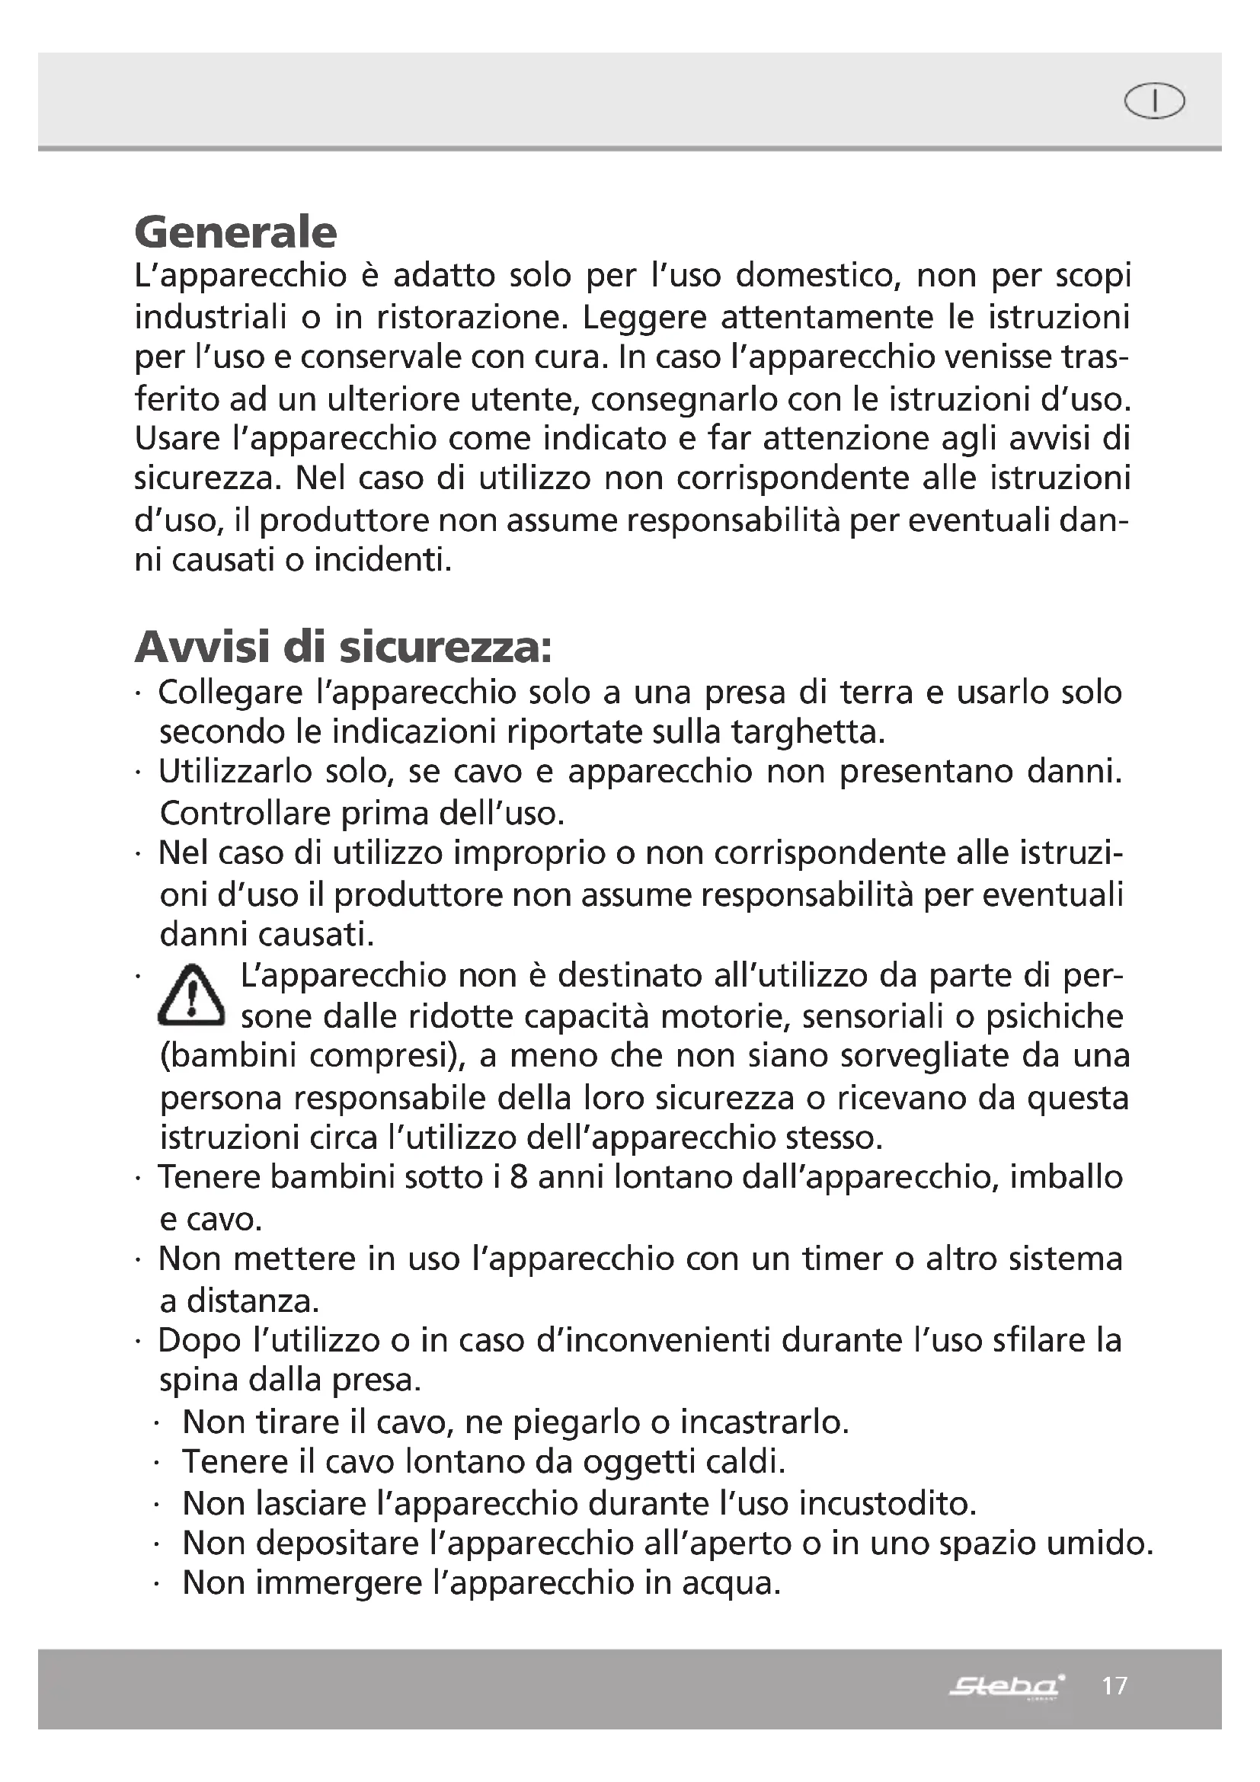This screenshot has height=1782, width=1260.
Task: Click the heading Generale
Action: coord(236,232)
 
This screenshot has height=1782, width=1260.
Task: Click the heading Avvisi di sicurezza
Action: coord(343,648)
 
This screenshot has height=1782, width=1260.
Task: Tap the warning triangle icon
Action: coord(192,996)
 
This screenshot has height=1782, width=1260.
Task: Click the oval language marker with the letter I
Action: coord(1154,101)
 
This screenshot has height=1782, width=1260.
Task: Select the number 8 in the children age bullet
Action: coord(519,1177)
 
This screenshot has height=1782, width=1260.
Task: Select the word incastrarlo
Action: coord(764,1422)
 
